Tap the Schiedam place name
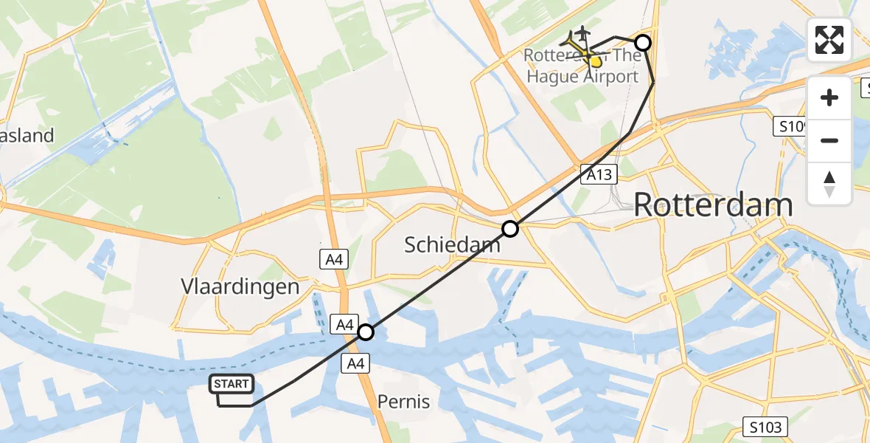click(x=452, y=244)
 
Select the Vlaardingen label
click(x=240, y=287)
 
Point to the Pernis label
click(x=403, y=402)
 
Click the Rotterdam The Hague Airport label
click(x=582, y=66)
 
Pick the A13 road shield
click(x=598, y=174)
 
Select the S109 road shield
click(x=793, y=127)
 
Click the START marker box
click(x=232, y=384)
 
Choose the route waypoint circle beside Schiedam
click(x=510, y=229)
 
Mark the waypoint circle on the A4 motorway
click(x=366, y=332)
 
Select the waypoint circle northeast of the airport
click(x=643, y=43)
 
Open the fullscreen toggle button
click(x=829, y=40)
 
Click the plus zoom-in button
click(x=829, y=97)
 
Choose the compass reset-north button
click(x=829, y=183)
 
